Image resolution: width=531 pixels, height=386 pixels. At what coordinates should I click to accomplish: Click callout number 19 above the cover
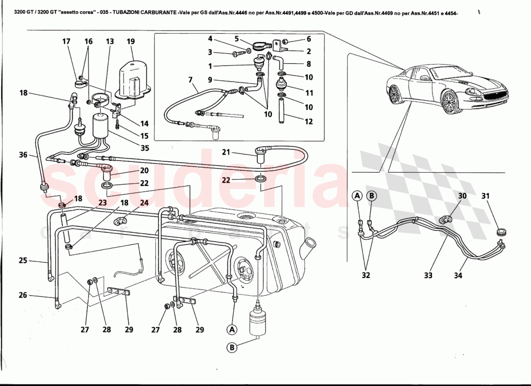click(x=130, y=41)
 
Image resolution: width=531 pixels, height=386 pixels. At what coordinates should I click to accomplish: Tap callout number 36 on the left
click(x=24, y=155)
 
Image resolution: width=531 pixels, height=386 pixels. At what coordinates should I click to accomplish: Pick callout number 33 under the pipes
click(x=428, y=276)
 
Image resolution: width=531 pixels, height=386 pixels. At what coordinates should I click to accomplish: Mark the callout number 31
click(x=485, y=196)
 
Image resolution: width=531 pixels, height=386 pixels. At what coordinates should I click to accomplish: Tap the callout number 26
click(x=23, y=295)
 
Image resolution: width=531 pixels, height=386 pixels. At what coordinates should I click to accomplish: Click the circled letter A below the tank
click(x=232, y=330)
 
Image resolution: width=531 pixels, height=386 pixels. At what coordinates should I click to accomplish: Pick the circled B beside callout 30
click(x=371, y=196)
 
